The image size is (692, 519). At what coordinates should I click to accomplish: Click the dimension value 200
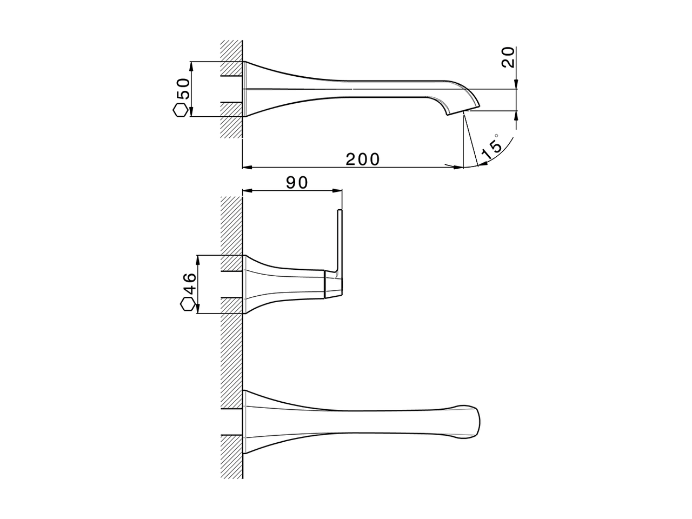point(363,159)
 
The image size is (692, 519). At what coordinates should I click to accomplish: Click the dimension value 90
point(297,183)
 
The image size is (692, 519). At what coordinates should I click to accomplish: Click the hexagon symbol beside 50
point(181,110)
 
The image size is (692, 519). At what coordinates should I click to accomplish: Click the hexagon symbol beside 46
point(188,305)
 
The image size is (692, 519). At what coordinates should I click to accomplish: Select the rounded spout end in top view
point(469,422)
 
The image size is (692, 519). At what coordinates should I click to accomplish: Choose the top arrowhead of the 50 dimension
point(191,65)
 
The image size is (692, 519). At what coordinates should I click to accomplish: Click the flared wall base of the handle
point(257,284)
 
